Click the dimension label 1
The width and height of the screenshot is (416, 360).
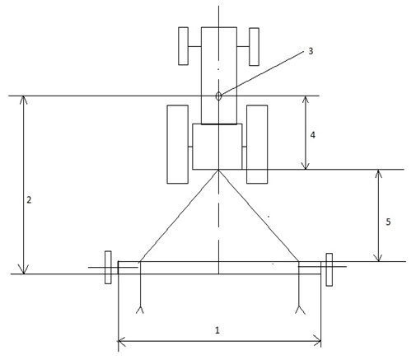[217, 330]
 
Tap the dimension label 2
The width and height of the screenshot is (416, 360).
[29, 200]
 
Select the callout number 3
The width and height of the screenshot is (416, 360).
[311, 51]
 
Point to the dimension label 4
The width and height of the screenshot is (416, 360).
[312, 135]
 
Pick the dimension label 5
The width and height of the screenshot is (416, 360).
[388, 222]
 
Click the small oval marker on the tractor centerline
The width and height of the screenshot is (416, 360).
[218, 96]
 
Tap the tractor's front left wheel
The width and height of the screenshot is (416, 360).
[183, 46]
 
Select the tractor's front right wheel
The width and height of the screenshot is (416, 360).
[254, 47]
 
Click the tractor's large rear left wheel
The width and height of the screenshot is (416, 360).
[178, 144]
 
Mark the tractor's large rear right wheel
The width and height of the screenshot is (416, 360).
[257, 144]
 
